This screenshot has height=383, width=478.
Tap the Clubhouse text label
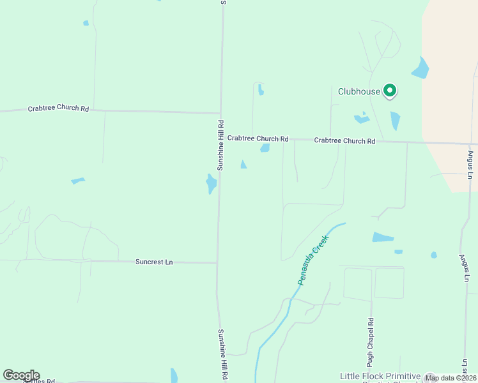point(358,92)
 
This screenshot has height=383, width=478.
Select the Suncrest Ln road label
point(154,262)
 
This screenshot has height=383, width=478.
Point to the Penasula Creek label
point(312,260)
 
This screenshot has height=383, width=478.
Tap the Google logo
point(21,375)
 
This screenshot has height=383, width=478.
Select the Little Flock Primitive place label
point(380,377)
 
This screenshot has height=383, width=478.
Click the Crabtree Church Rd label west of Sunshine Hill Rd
point(58,109)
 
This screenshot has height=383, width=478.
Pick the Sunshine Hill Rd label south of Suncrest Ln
point(222,355)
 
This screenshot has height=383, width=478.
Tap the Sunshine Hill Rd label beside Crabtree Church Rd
point(220,146)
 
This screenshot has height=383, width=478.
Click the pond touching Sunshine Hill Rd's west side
point(211,184)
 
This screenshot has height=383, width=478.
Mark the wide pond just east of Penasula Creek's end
point(383,237)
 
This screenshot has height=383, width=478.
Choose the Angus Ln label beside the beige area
point(470,165)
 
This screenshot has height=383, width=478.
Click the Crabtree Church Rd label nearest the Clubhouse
point(344,140)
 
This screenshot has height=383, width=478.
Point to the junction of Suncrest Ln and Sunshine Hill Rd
point(217,262)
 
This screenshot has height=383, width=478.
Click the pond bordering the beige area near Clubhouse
point(420,68)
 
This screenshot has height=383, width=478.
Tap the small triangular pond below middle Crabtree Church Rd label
point(243,165)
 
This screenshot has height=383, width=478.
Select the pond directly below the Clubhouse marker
point(395,121)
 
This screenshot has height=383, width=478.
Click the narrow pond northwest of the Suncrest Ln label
point(78,181)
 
